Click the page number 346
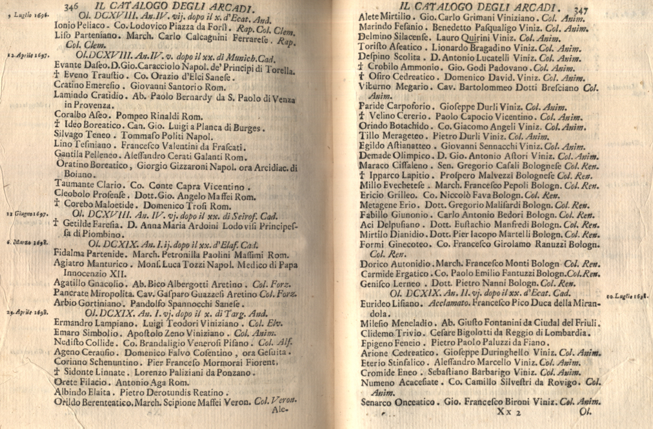(x=71, y=7)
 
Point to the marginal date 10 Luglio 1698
(x=628, y=296)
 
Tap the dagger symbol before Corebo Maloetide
(x=58, y=204)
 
